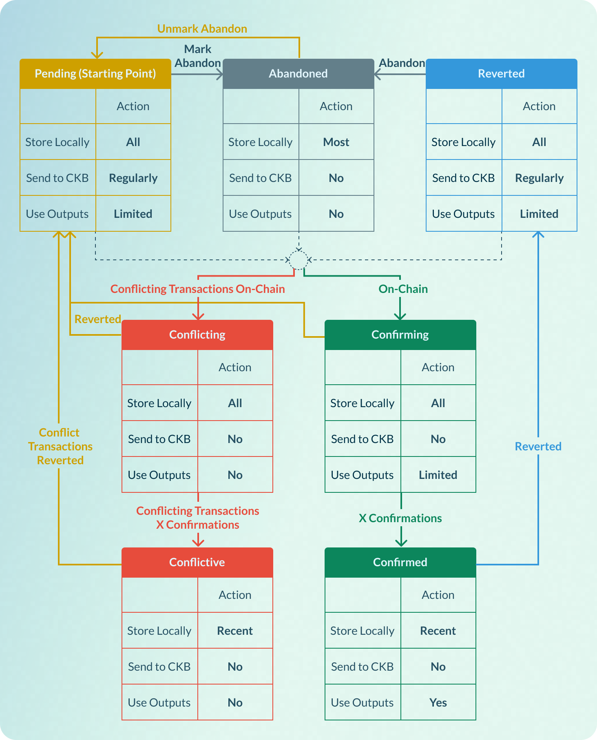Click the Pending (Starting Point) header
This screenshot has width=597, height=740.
tap(95, 74)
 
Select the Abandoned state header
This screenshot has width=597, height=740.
tap(298, 74)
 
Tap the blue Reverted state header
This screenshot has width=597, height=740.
tap(501, 74)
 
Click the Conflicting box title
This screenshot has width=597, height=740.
tap(197, 335)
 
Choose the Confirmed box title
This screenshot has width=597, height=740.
tap(400, 563)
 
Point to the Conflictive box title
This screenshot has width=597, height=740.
tap(197, 563)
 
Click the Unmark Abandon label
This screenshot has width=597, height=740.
tap(202, 29)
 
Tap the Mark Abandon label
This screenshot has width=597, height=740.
tap(198, 56)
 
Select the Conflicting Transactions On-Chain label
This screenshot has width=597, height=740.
tap(197, 289)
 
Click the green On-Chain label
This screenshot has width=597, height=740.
tap(403, 289)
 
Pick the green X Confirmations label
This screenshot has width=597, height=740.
tap(400, 518)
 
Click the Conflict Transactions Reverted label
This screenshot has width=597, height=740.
tap(60, 446)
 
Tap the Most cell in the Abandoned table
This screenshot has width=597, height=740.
tap(336, 142)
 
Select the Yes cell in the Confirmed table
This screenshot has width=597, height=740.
tap(438, 703)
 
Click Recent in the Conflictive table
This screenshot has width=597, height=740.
tap(235, 631)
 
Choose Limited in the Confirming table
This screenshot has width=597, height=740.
tap(438, 475)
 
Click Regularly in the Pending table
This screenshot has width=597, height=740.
tap(133, 178)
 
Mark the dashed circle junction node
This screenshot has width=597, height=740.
tap(298, 260)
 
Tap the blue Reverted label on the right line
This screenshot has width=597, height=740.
tap(538, 447)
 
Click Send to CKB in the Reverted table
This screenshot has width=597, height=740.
tap(463, 178)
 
